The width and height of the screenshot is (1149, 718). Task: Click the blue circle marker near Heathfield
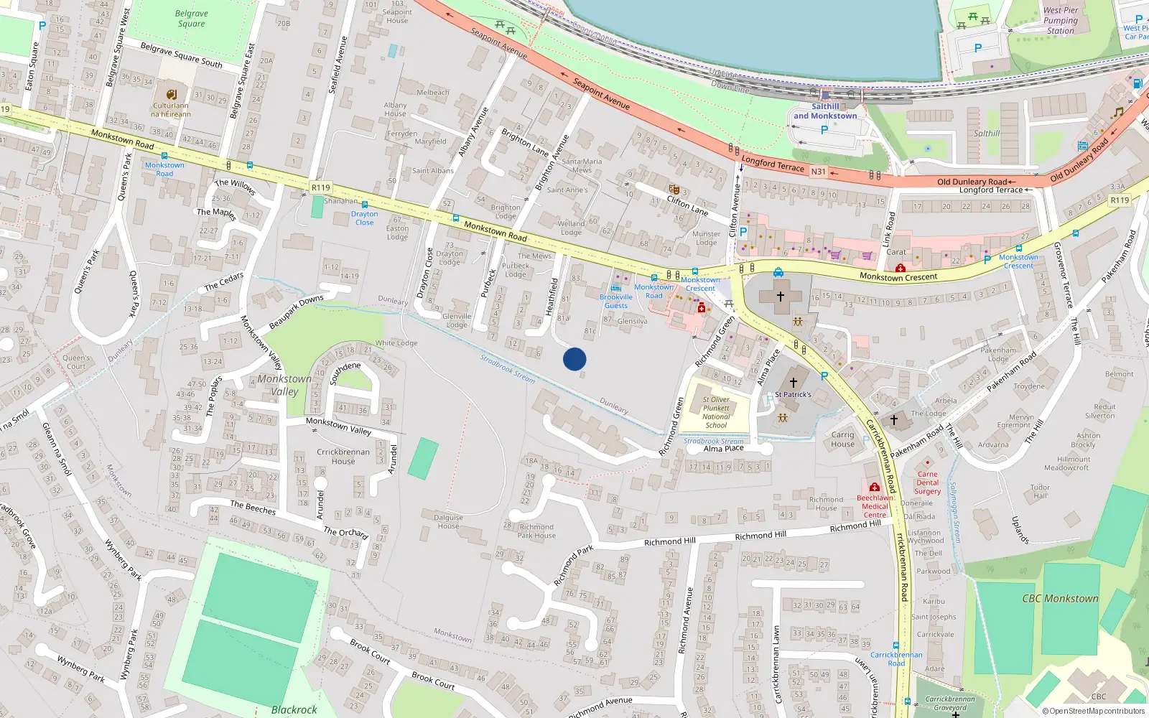coord(574,359)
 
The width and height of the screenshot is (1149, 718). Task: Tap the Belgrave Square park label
coord(191,19)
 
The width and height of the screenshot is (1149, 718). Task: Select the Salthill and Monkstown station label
coord(825,111)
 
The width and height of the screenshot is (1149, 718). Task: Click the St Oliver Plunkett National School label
coord(716,412)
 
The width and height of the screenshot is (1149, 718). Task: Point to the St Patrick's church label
coord(793,394)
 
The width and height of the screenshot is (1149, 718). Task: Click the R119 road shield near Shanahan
coord(320,187)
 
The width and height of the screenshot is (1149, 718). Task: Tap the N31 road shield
coord(818,172)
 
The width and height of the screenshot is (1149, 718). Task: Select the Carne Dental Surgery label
coord(927,482)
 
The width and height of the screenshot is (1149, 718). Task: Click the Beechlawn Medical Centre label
coord(875,506)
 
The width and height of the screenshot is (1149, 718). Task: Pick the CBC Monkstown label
coord(1060,598)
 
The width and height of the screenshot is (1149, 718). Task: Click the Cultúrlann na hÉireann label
coord(171,110)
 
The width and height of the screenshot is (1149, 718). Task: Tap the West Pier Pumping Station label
coord(1061,20)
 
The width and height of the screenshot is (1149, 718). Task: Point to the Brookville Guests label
coord(616,301)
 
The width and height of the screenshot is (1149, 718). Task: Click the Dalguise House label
coord(448,521)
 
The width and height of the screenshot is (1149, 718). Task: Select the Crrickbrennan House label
coord(343,456)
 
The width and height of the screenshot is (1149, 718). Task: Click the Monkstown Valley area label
coord(284,385)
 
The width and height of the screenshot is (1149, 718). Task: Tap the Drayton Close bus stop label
coord(364,218)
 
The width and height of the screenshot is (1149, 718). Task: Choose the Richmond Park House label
coord(536,531)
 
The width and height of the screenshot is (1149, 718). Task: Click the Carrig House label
coord(842,439)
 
